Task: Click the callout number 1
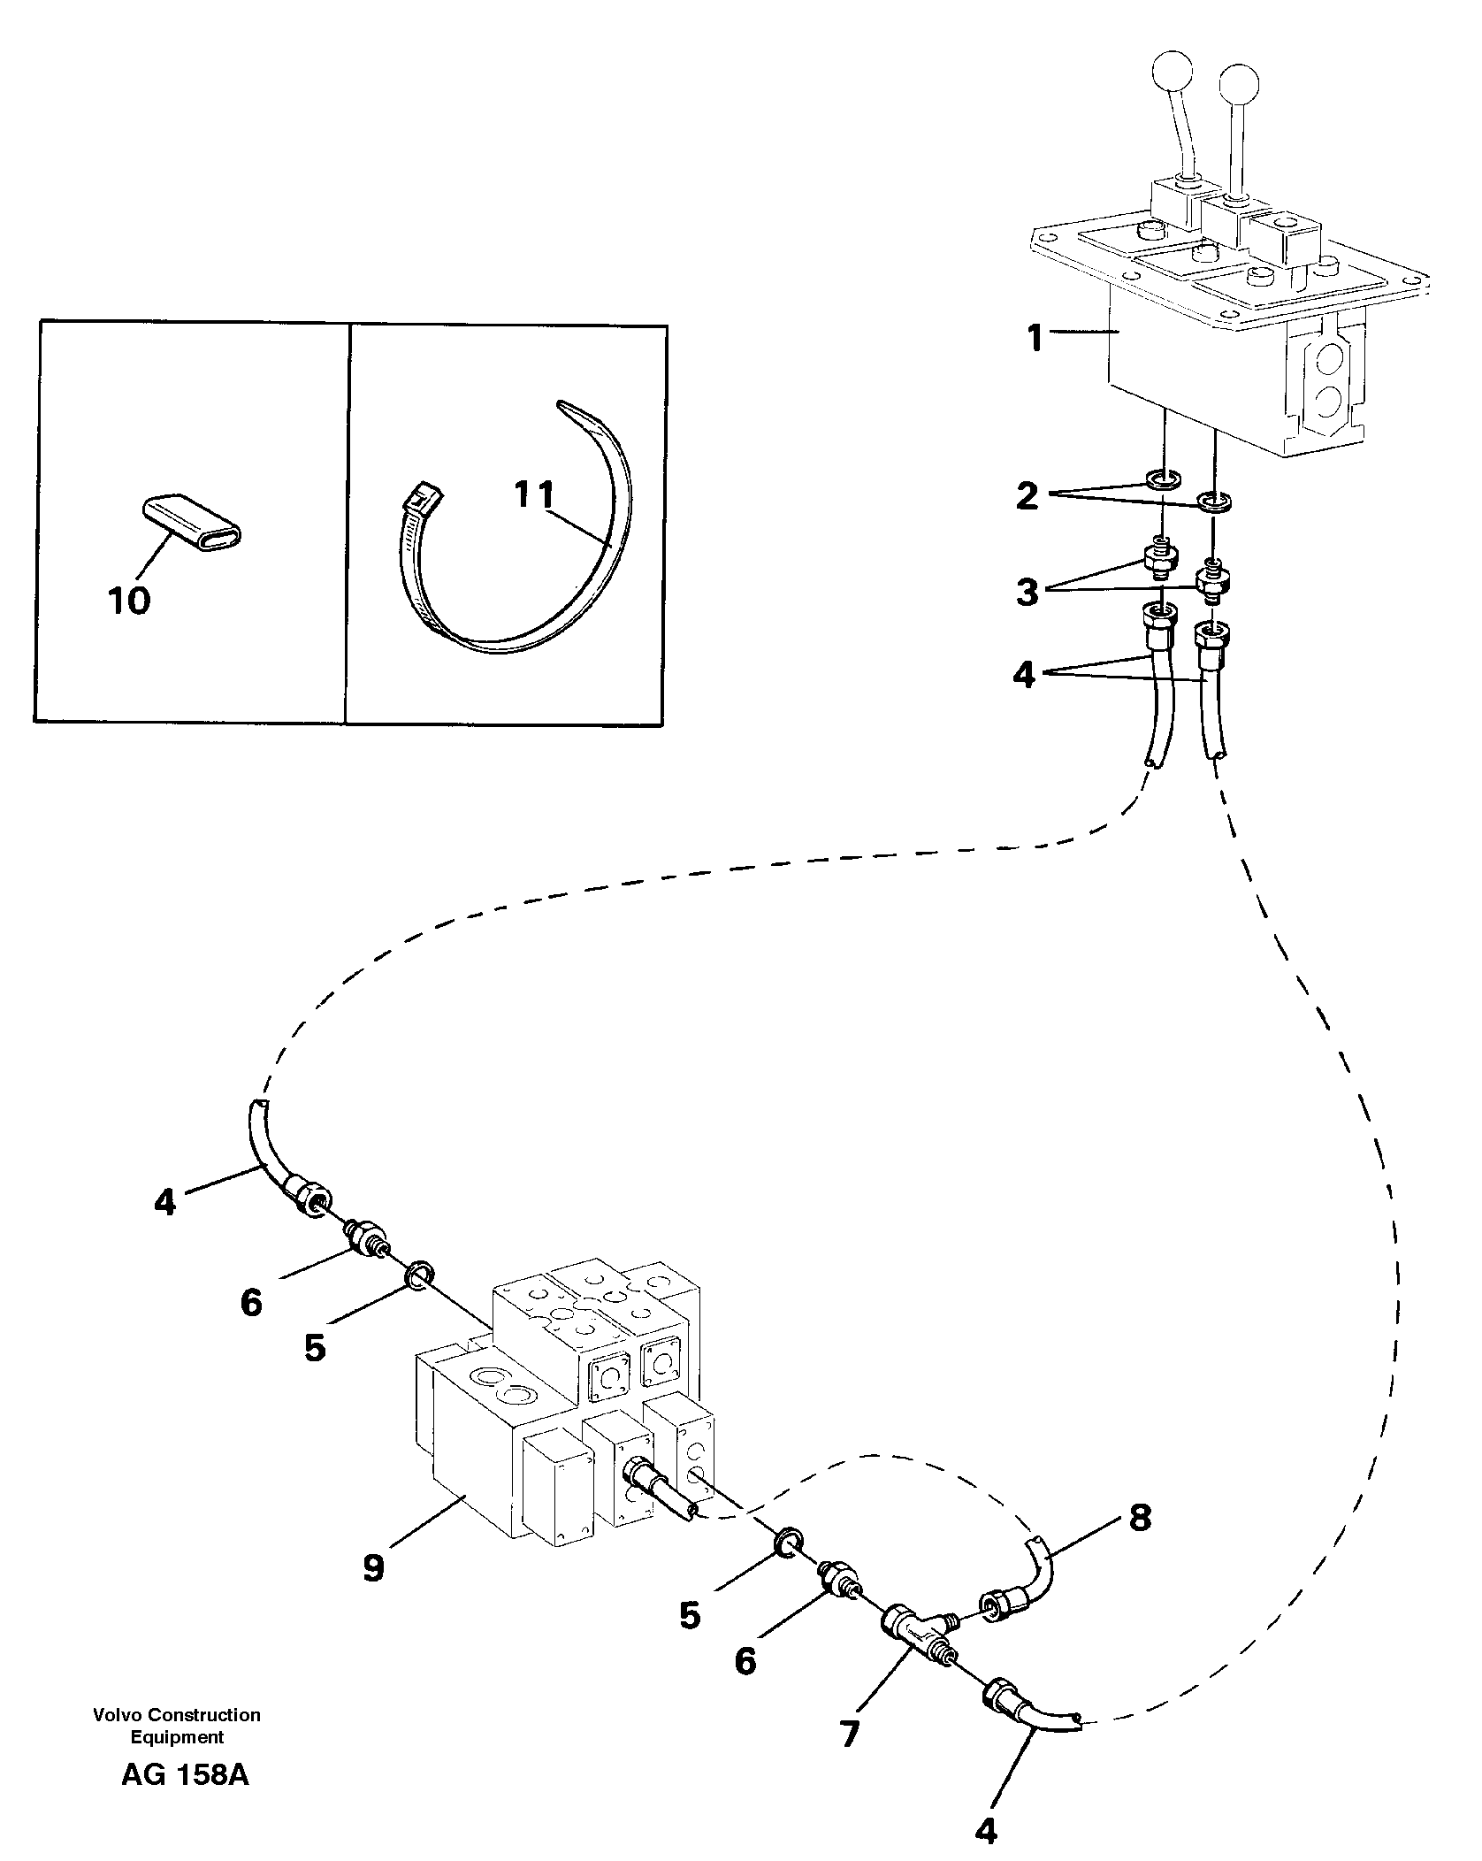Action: (x=1035, y=338)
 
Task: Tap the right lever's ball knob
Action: (x=1238, y=84)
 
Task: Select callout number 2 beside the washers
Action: (x=1027, y=496)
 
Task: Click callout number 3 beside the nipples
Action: (x=1027, y=592)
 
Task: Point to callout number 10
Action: (x=129, y=601)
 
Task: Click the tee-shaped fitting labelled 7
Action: (x=914, y=1628)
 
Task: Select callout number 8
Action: (x=1140, y=1518)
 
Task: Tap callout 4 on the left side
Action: (x=164, y=1202)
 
